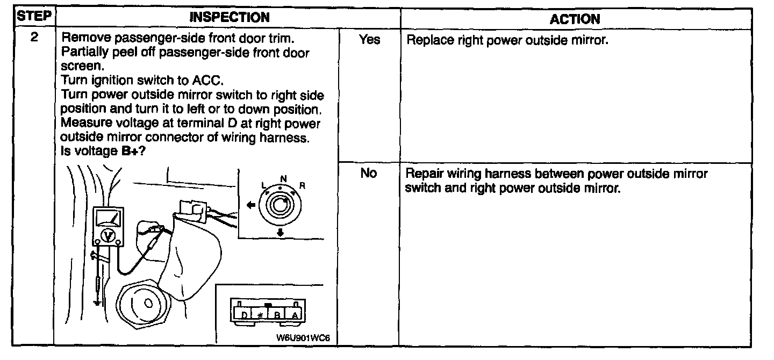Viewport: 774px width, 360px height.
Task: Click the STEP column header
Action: pyautogui.click(x=34, y=17)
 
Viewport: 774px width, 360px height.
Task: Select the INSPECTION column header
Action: pyautogui.click(x=230, y=18)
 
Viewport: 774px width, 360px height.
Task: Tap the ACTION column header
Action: pyautogui.click(x=575, y=19)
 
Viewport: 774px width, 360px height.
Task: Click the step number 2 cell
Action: pyautogui.click(x=34, y=40)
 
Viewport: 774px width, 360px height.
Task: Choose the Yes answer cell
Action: pyautogui.click(x=369, y=40)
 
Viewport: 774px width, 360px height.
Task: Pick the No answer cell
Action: pyautogui.click(x=369, y=174)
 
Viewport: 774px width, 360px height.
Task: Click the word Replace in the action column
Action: pyautogui.click(x=423, y=40)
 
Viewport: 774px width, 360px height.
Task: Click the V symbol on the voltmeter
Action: pyautogui.click(x=107, y=235)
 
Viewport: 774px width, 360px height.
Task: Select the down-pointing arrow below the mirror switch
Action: pyautogui.click(x=281, y=233)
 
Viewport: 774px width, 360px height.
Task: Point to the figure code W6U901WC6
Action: pyautogui.click(x=303, y=339)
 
